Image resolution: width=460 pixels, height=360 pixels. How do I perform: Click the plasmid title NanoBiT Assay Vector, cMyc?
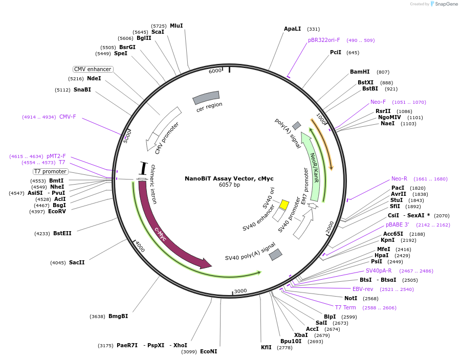click(229, 178)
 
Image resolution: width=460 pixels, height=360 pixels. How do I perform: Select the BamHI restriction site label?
click(359, 72)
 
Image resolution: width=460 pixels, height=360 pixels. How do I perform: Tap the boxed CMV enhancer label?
click(92, 70)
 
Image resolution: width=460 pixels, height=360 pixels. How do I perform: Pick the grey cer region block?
click(206, 97)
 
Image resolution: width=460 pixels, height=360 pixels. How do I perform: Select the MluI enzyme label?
click(176, 26)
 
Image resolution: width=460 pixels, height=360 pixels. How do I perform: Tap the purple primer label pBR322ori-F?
click(323, 40)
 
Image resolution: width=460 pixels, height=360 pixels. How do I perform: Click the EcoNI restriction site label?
click(208, 351)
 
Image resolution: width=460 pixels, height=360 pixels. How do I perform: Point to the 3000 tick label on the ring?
click(240, 291)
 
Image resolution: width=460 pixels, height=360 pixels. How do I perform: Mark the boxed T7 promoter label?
click(50, 171)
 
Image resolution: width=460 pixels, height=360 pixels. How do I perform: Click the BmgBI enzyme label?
click(118, 316)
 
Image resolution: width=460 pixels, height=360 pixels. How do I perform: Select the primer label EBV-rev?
click(362, 289)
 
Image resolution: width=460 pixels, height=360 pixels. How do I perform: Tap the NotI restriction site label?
click(351, 298)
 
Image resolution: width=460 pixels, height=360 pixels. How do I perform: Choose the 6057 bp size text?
click(229, 185)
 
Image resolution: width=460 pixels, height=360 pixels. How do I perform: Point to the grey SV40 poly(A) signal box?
click(275, 254)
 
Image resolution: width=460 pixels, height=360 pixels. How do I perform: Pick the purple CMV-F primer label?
click(68, 117)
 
